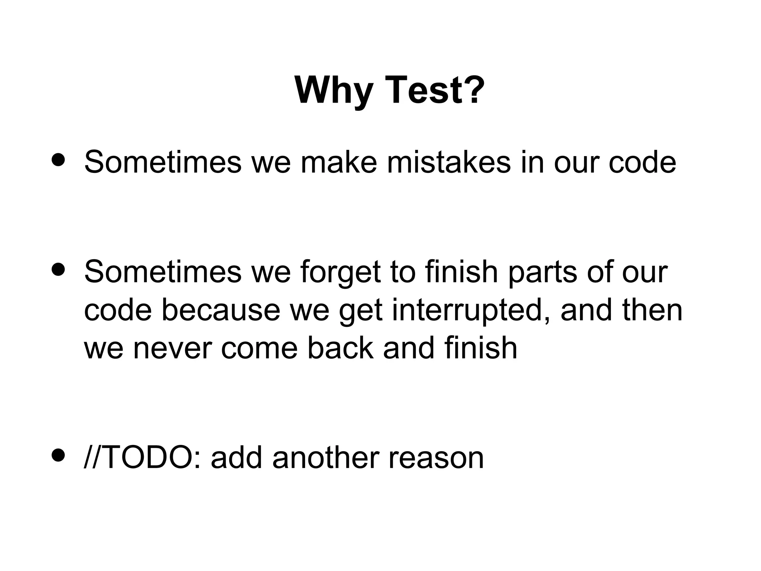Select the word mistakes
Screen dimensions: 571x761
point(448,162)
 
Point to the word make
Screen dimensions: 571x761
point(339,162)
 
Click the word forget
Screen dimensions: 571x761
point(340,272)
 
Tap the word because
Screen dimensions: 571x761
point(220,310)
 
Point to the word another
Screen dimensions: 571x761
point(326,457)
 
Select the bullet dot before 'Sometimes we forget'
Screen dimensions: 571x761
point(59,269)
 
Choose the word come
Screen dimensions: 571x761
point(259,348)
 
